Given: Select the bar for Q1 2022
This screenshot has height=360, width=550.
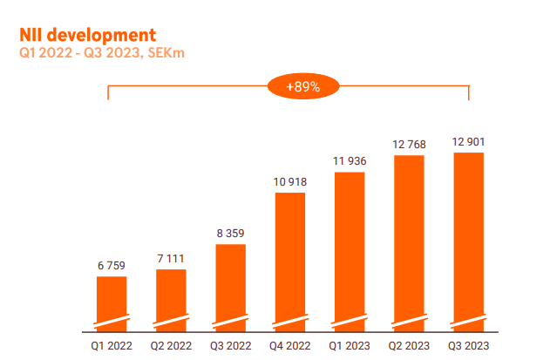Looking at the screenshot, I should [x=112, y=303].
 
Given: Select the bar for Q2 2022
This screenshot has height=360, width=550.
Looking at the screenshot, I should [x=171, y=300].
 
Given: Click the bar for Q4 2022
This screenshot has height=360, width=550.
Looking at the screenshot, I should [x=289, y=262].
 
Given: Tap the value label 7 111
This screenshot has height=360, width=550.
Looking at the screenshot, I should [x=171, y=259].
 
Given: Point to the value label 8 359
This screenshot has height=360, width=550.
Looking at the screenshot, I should [x=230, y=234].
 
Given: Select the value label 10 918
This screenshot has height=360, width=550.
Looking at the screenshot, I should [x=289, y=182].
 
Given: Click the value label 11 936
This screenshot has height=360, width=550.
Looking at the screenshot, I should [x=349, y=162].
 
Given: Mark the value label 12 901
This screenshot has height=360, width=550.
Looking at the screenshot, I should [x=467, y=142].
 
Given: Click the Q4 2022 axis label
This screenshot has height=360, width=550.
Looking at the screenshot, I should [x=289, y=345].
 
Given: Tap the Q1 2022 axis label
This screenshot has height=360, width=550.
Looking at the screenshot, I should [x=112, y=345].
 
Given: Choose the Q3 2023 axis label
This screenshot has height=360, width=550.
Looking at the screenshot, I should [x=467, y=345].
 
